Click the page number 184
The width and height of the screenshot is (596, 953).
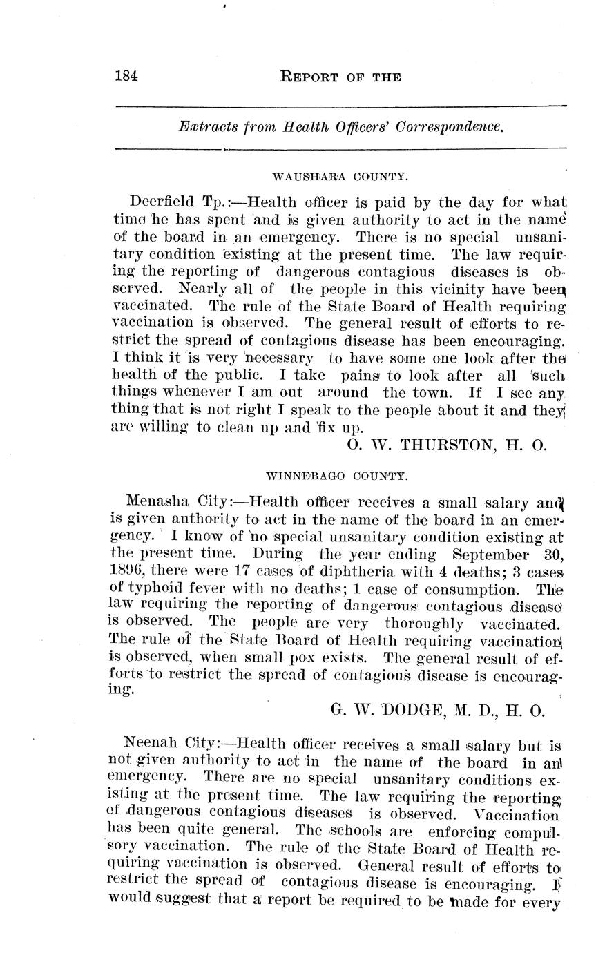(126, 77)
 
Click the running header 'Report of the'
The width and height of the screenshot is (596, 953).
(340, 77)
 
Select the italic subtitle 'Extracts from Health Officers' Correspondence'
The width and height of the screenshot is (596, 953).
(340, 127)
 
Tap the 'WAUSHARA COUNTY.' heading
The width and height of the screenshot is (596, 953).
(340, 177)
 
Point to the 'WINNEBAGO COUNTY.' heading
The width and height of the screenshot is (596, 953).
(337, 476)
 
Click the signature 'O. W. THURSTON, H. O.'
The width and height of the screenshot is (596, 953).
(447, 445)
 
